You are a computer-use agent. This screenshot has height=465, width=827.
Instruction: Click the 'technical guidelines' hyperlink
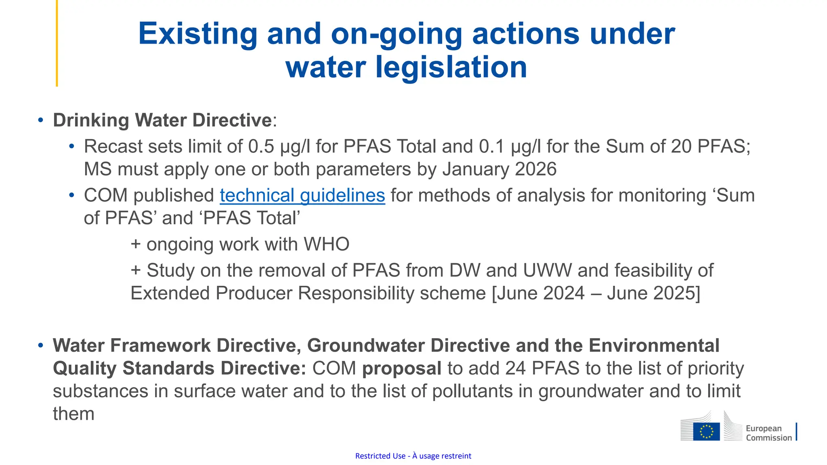[x=302, y=196]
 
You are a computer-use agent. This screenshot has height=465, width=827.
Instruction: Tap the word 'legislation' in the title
[x=451, y=67]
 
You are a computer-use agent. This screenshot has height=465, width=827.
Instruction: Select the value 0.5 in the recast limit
[x=261, y=147]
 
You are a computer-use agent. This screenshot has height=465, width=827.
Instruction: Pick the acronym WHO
[x=326, y=244]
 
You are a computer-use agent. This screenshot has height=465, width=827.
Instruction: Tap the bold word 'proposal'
[x=401, y=369]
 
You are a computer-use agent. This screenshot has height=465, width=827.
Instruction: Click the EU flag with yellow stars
[x=706, y=431]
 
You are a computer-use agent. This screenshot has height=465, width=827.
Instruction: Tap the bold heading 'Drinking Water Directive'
[x=162, y=120]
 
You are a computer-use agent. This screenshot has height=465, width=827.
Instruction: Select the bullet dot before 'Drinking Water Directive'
[x=40, y=120]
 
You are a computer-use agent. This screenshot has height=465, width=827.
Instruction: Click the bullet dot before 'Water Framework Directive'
[x=40, y=346]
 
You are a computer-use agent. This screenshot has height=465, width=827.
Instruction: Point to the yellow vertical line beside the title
[x=57, y=43]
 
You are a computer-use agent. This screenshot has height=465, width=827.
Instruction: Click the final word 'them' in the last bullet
[x=73, y=414]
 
